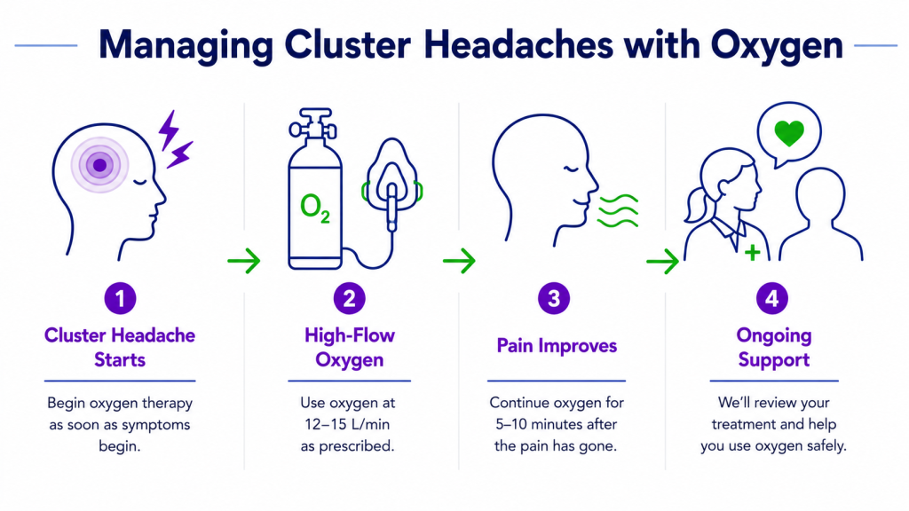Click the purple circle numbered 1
[120, 298]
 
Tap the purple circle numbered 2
[350, 298]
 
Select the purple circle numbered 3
[554, 298]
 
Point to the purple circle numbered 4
[772, 298]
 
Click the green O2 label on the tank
[315, 208]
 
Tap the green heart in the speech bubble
[789, 133]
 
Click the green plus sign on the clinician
[753, 253]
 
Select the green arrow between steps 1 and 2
[244, 261]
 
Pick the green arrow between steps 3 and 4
[662, 261]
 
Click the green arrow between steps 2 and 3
[459, 261]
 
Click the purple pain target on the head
[99, 165]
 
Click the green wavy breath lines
[619, 211]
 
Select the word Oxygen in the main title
[777, 45]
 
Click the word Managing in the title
[186, 45]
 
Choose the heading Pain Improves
[557, 346]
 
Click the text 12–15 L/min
[347, 425]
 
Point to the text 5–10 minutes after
[556, 425]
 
